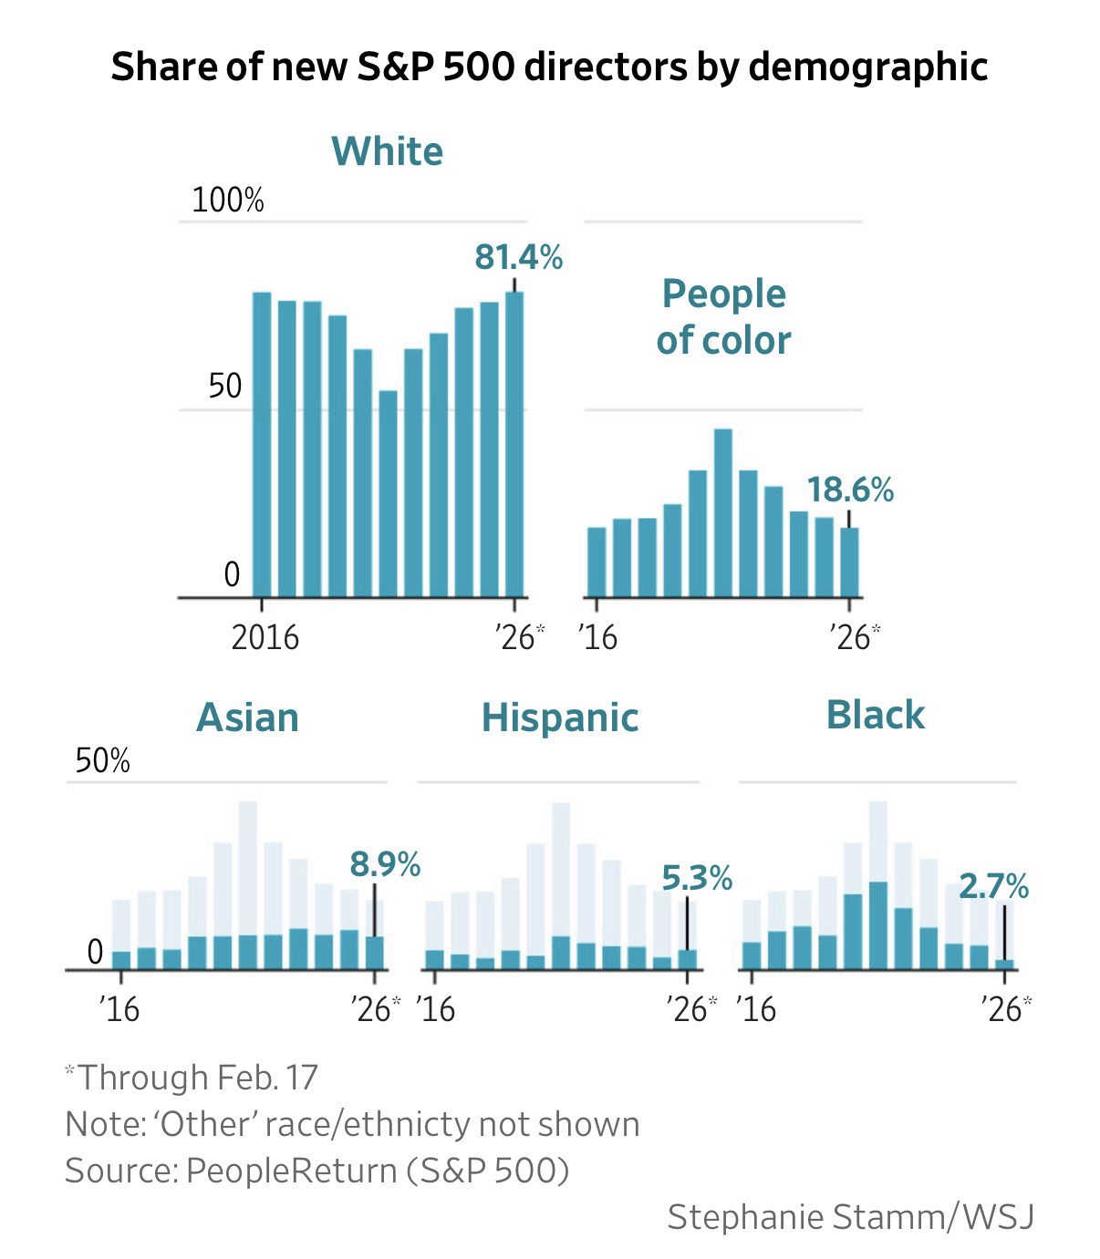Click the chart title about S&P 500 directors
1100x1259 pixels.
coord(549,67)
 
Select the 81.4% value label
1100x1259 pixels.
coord(518,258)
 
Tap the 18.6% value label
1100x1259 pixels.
coord(849,490)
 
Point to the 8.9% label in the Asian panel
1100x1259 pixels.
coord(384,863)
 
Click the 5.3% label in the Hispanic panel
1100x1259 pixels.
coord(697,878)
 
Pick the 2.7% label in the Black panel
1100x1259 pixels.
coord(993,885)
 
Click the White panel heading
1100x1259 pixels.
coord(387,150)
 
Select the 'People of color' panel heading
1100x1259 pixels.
coord(723,316)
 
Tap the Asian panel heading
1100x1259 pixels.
coord(247,717)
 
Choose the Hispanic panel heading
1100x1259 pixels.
coord(560,717)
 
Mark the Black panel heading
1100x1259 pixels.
coord(875,715)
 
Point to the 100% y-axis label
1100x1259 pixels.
coord(227,200)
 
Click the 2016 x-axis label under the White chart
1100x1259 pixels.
coord(265,636)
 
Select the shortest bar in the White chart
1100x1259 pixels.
coord(389,494)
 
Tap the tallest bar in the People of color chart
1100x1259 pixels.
coord(723,512)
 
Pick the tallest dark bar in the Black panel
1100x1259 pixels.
coord(878,924)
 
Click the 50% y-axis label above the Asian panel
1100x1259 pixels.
coord(102,760)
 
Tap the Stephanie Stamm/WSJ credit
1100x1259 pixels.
coord(850,1217)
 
